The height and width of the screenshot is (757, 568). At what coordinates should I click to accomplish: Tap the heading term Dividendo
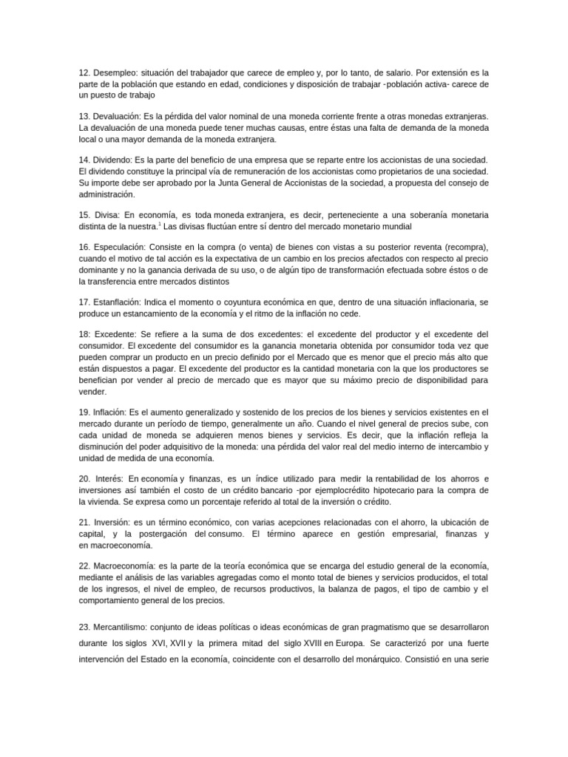pyautogui.click(x=115, y=160)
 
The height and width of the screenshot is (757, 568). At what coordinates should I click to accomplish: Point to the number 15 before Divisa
pyautogui.click(x=83, y=214)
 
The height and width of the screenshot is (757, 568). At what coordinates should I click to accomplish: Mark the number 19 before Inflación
pyautogui.click(x=83, y=411)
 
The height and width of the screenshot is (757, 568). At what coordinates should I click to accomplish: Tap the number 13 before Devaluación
pyautogui.click(x=83, y=117)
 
